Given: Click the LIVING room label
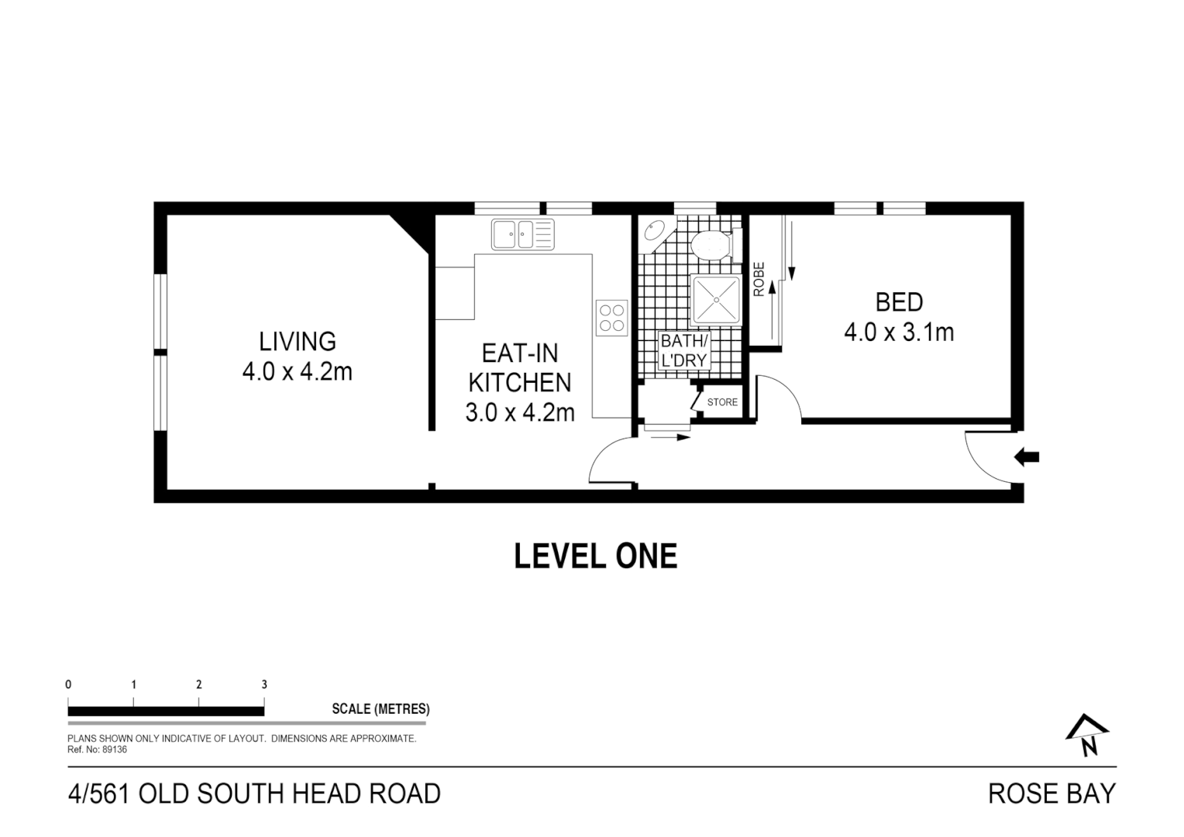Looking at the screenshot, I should point(297,342).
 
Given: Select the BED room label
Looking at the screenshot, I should point(899,301).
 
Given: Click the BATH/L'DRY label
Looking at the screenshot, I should point(683,350).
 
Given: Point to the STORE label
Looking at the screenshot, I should point(722,402).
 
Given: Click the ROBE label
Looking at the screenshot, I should point(759,279).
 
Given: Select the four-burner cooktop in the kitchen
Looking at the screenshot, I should point(611,318).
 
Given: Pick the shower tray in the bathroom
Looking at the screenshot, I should point(716,299).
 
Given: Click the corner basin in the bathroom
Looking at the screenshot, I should point(654,232).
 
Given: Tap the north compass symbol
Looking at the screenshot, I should point(1087,735).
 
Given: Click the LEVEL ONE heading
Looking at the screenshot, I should point(595,556).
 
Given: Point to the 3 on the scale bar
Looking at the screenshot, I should point(264,685).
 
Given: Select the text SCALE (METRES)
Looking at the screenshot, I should point(380,709).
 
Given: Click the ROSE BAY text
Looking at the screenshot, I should point(1051,794).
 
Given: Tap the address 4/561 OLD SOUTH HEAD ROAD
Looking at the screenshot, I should point(255,794).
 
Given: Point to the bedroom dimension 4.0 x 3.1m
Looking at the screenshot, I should point(899,332).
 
